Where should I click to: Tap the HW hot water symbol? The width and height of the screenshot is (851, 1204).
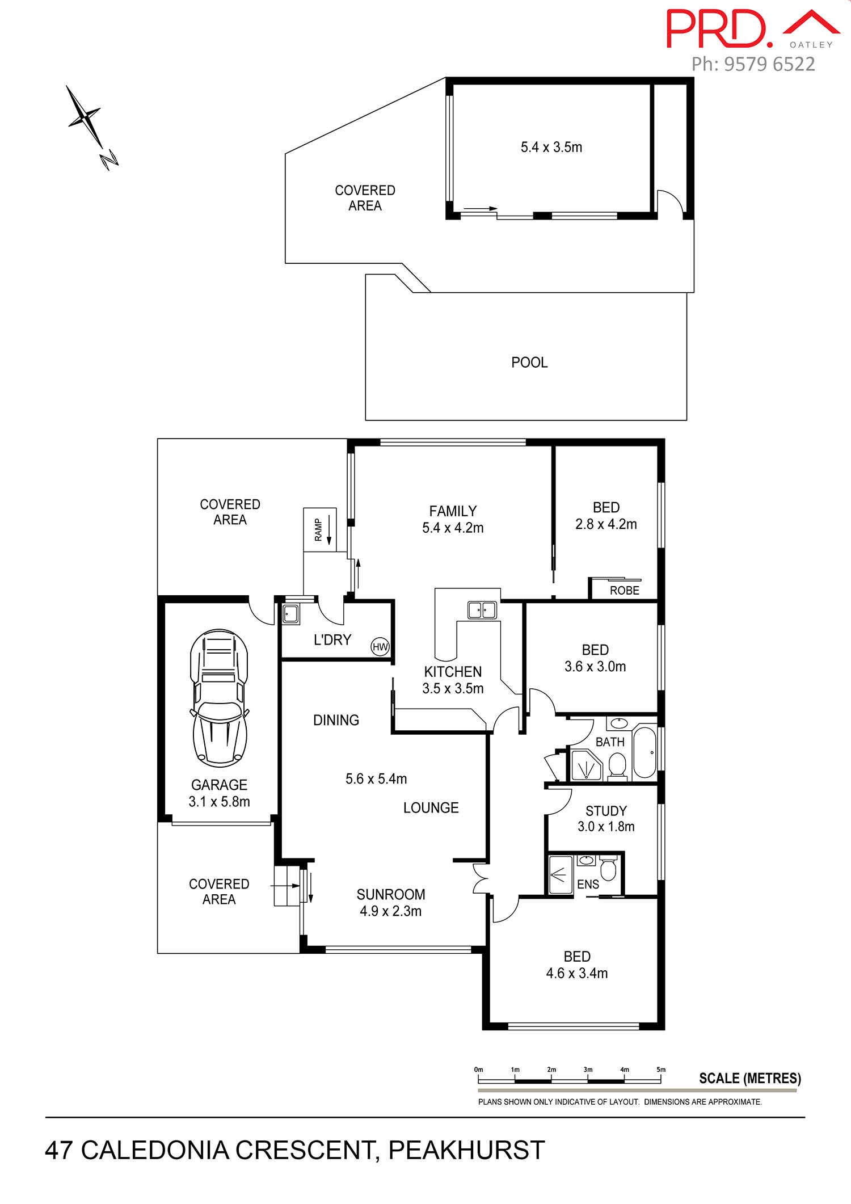tap(380, 646)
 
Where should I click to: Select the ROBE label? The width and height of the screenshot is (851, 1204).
tap(625, 591)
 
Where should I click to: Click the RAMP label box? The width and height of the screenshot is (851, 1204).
tap(320, 529)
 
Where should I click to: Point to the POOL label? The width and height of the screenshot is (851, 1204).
tap(529, 363)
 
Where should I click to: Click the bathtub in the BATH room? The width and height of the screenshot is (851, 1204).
tap(644, 752)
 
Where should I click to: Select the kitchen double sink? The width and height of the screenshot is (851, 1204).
tap(482, 610)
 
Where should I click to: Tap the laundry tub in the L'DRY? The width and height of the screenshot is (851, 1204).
tap(290, 614)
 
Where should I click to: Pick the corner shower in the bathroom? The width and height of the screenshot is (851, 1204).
tap(585, 766)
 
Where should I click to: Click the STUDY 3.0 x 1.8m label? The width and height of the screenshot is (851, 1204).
tap(606, 819)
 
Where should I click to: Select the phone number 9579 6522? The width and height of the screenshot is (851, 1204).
tap(769, 64)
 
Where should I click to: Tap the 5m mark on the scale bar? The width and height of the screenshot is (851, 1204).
tap(661, 1070)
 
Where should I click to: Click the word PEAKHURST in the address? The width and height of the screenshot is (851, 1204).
tap(466, 1150)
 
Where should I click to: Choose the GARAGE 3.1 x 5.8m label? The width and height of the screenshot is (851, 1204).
tap(220, 793)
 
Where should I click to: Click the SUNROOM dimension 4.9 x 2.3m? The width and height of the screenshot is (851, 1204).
tap(391, 911)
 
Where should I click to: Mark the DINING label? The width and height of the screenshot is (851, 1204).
tap(336, 720)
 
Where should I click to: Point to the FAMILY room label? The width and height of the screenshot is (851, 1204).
tap(453, 511)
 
